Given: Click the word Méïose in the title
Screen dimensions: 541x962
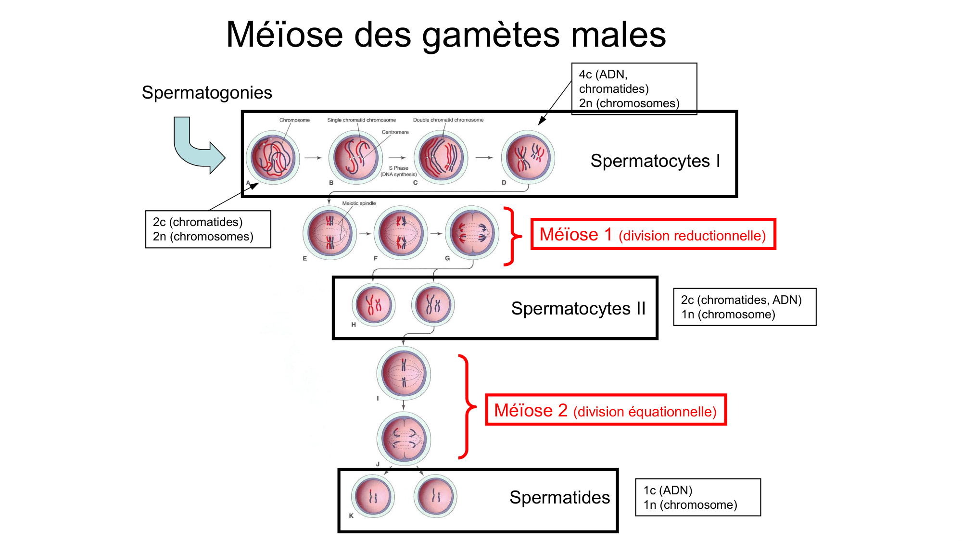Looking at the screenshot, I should pos(284,35).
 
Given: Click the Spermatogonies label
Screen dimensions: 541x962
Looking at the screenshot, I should pos(207,92).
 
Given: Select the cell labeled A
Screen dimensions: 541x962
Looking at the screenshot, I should pos(273,157).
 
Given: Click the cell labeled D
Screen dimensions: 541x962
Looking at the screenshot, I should pos(528,157).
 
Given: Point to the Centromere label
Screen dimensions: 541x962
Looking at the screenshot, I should pos(395,132).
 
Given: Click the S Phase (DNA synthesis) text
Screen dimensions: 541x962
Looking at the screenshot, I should pos(398,171).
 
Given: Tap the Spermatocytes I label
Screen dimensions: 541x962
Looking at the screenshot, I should pos(655,161).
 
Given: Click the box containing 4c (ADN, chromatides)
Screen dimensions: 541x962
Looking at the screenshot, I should pos(633,88).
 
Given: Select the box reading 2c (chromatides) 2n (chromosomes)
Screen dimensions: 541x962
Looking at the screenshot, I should pos(208,229).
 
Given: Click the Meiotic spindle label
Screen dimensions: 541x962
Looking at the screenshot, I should pos(359,203).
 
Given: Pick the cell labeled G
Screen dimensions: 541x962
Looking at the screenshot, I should pos(472,233).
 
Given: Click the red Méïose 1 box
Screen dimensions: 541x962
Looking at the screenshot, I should pos(653,235).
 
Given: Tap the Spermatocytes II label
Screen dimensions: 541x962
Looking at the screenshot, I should pos(578,308).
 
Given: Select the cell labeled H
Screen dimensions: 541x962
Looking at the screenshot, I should pos(373,304).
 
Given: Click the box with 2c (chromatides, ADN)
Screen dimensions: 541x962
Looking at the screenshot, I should pos(744,307).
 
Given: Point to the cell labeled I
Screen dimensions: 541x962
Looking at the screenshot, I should pos(403,373).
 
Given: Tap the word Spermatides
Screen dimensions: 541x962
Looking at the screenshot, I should pos(559,497).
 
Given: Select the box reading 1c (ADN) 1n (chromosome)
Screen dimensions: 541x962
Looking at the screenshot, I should pos(697,497).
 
